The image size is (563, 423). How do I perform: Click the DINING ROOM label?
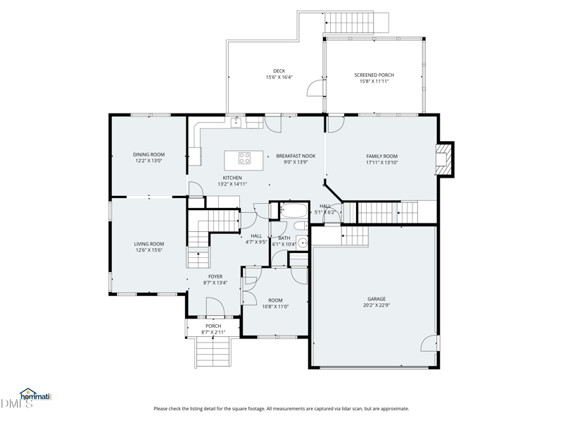(148, 154)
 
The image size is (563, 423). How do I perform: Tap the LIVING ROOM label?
(149, 244)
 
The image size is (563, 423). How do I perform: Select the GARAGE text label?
(377, 299)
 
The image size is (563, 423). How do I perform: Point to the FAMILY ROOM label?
(381, 156)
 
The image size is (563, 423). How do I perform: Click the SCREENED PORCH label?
(374, 75)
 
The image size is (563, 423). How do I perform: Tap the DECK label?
(279, 71)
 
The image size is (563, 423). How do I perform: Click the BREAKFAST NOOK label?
(296, 156)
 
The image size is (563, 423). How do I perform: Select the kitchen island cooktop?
(244, 158)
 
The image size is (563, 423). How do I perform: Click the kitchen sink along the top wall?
(236, 122)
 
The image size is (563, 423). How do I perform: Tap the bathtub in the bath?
(293, 210)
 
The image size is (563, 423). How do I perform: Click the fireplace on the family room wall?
(445, 159)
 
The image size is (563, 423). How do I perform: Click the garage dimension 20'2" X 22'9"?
(377, 305)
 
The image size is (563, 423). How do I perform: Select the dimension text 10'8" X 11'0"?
(275, 307)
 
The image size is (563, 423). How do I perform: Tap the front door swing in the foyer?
(215, 307)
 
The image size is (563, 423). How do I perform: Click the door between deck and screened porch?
(316, 87)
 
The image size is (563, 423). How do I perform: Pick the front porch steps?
(213, 352)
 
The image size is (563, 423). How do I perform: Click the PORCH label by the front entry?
(213, 326)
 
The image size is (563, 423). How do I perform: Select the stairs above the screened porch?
(357, 23)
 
